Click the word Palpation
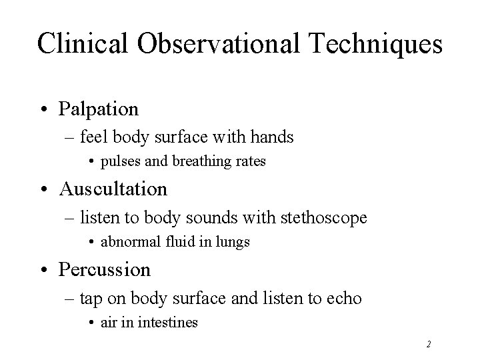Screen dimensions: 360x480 pos(99,108)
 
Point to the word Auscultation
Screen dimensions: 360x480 pos(113,189)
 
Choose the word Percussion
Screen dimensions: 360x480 pos(105,269)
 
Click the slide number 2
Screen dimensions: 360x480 pos(429,344)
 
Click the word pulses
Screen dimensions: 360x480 pos(119,162)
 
